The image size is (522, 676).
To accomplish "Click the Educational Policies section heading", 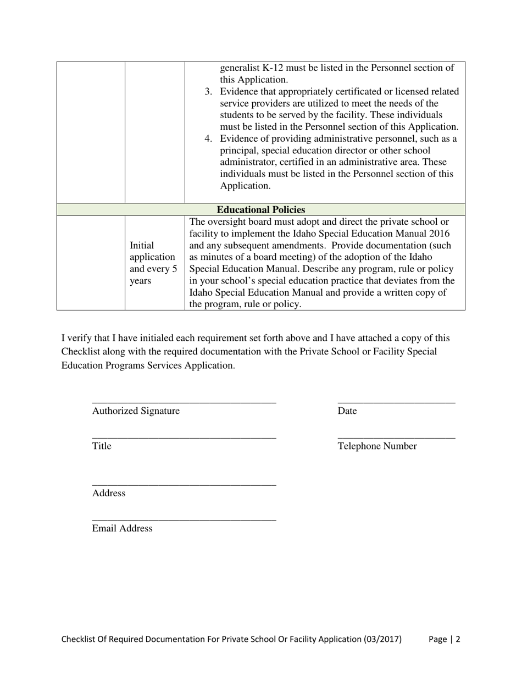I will [260, 210].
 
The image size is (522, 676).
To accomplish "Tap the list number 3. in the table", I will [208, 91].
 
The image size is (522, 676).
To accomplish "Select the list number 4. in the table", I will [208, 138].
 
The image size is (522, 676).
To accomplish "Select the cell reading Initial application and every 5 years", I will [154, 263].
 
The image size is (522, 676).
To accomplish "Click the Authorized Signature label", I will [136, 411].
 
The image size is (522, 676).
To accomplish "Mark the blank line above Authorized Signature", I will [184, 403].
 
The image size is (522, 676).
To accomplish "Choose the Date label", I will [347, 411].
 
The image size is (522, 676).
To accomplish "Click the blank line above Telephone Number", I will [396, 437].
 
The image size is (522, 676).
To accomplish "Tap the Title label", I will [102, 446].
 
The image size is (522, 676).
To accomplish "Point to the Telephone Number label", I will [377, 446].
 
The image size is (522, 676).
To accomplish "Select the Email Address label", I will [122, 529].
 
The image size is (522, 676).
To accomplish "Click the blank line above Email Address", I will [184, 520].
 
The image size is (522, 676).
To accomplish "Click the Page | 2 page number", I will [444, 639].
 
